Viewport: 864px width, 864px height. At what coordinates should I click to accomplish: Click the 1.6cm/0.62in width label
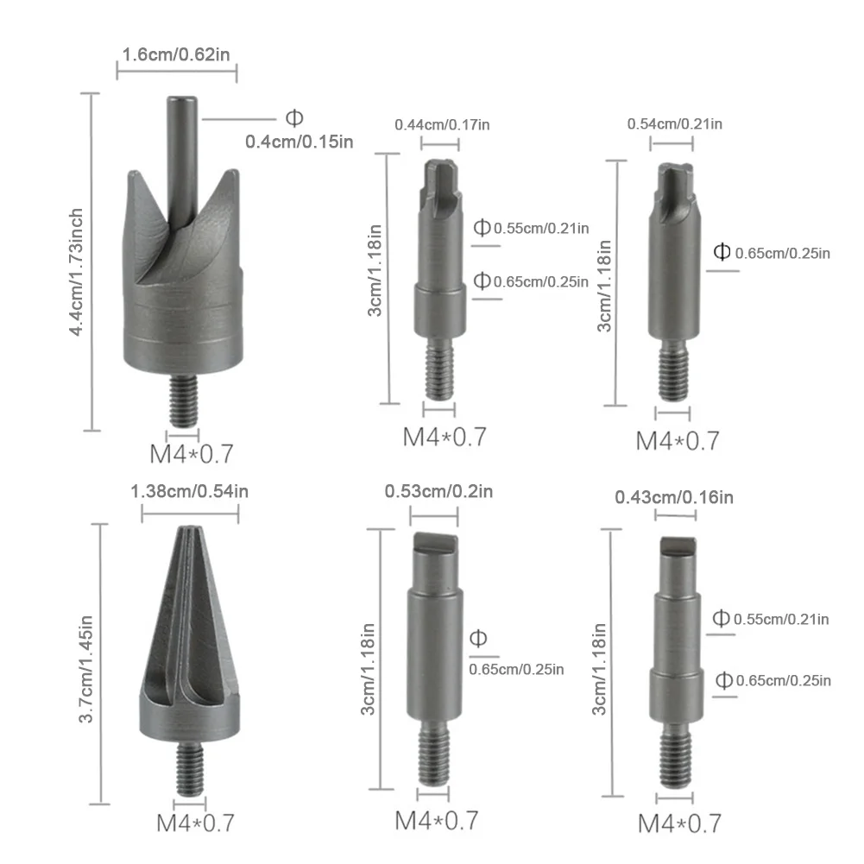[x=176, y=54]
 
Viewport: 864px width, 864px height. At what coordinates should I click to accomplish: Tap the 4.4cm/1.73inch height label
[x=75, y=272]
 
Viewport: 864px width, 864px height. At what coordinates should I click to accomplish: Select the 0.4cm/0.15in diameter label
[x=300, y=142]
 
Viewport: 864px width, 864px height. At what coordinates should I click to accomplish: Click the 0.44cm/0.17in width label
[x=442, y=124]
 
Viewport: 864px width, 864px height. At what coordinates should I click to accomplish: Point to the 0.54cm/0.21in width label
[x=674, y=123]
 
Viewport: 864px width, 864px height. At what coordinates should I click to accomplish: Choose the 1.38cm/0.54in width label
[x=189, y=491]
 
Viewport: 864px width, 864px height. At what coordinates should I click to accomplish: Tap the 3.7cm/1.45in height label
[x=85, y=669]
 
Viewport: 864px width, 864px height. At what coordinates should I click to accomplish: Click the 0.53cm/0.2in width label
[x=438, y=491]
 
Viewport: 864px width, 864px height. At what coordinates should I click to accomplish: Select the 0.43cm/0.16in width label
[x=674, y=497]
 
